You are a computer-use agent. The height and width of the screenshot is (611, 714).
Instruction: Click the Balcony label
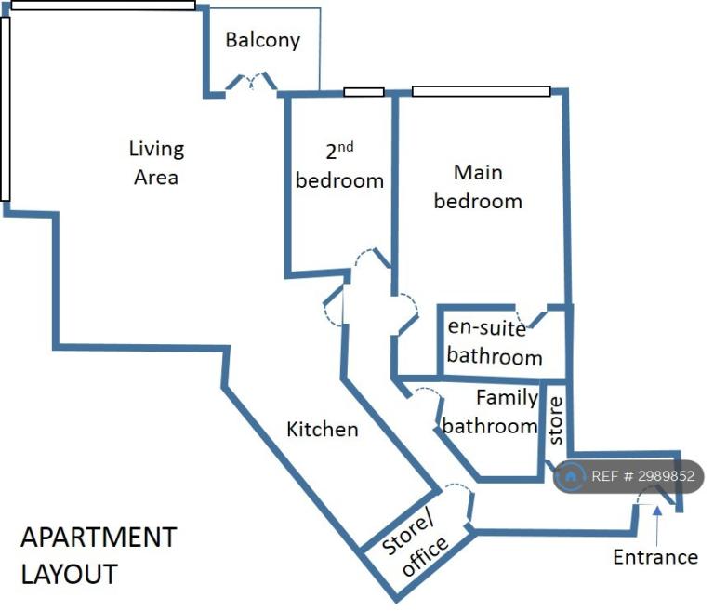[263, 40]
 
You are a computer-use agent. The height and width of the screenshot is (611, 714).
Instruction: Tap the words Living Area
[156, 163]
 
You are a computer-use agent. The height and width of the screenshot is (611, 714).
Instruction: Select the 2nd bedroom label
[339, 166]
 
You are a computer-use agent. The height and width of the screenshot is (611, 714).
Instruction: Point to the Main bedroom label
[478, 187]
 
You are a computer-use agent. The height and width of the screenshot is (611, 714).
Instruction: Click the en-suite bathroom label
[495, 342]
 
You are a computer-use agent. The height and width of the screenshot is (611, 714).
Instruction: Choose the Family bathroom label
[491, 412]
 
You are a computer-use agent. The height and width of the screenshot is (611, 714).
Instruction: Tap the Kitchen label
[323, 430]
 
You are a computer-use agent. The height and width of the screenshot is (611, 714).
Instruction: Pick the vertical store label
[556, 420]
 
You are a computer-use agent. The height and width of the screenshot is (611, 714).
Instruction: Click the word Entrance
[655, 557]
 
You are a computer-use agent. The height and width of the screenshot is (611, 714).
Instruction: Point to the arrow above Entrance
[657, 525]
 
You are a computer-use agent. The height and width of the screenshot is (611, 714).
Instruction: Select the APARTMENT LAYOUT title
[99, 555]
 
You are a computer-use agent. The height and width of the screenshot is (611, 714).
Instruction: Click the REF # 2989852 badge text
[642, 476]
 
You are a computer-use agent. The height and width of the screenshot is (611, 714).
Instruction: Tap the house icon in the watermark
[570, 476]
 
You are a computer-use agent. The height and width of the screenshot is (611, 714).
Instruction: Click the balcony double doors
[251, 82]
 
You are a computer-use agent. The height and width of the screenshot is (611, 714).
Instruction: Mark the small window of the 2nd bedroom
[364, 92]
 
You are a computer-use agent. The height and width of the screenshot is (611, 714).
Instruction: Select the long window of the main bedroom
[481, 91]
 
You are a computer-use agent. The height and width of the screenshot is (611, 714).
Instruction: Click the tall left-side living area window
[6, 109]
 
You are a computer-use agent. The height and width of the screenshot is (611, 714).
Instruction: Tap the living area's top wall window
[103, 6]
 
